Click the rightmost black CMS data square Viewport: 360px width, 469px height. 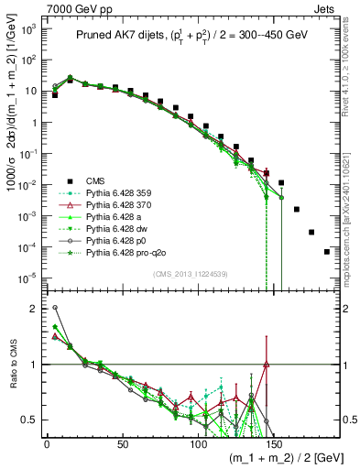click(327, 251)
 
